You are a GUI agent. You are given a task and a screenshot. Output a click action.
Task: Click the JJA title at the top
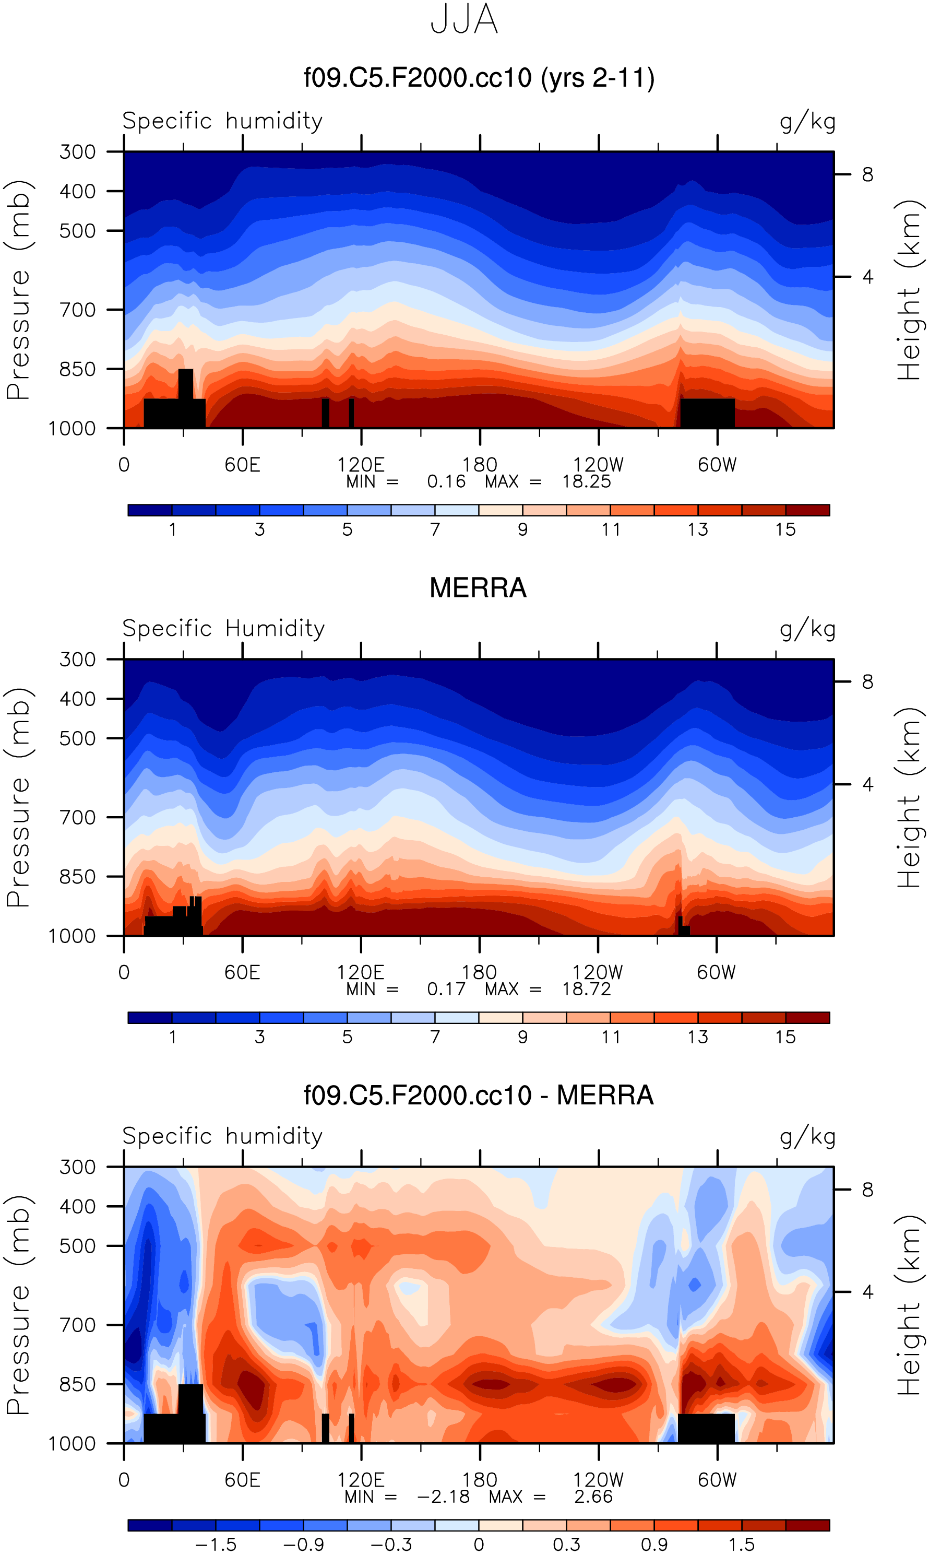point(464,20)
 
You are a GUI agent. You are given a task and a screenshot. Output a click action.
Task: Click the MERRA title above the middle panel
point(478,588)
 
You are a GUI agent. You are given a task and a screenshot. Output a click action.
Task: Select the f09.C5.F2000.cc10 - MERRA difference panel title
point(478,1096)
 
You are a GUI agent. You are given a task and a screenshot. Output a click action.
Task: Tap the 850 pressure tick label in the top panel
point(78,370)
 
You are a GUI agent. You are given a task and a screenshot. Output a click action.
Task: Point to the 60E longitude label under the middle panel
point(242,973)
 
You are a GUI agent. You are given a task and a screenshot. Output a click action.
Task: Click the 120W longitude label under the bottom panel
point(599,1480)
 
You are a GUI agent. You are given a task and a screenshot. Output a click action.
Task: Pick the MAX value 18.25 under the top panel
point(586,481)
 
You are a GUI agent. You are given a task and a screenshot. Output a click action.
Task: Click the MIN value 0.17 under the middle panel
point(446,989)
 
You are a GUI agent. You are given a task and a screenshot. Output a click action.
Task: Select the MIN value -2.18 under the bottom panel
point(443,1497)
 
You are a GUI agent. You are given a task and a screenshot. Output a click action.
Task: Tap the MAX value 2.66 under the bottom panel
point(593,1497)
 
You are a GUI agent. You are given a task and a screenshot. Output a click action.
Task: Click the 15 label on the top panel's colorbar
point(785,530)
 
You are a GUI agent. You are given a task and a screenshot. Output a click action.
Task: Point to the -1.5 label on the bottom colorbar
point(216,1545)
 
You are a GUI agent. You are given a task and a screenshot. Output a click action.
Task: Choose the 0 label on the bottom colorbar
point(479,1545)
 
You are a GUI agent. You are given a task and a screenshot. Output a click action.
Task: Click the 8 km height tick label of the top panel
point(867,175)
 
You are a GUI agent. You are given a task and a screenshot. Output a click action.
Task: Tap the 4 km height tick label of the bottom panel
point(867,1291)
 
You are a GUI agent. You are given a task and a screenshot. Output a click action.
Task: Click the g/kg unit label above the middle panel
point(807,629)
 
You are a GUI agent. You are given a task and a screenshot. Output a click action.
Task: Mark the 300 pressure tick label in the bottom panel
point(78,1167)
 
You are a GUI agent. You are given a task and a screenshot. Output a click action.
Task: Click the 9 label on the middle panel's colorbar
point(523,1037)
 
